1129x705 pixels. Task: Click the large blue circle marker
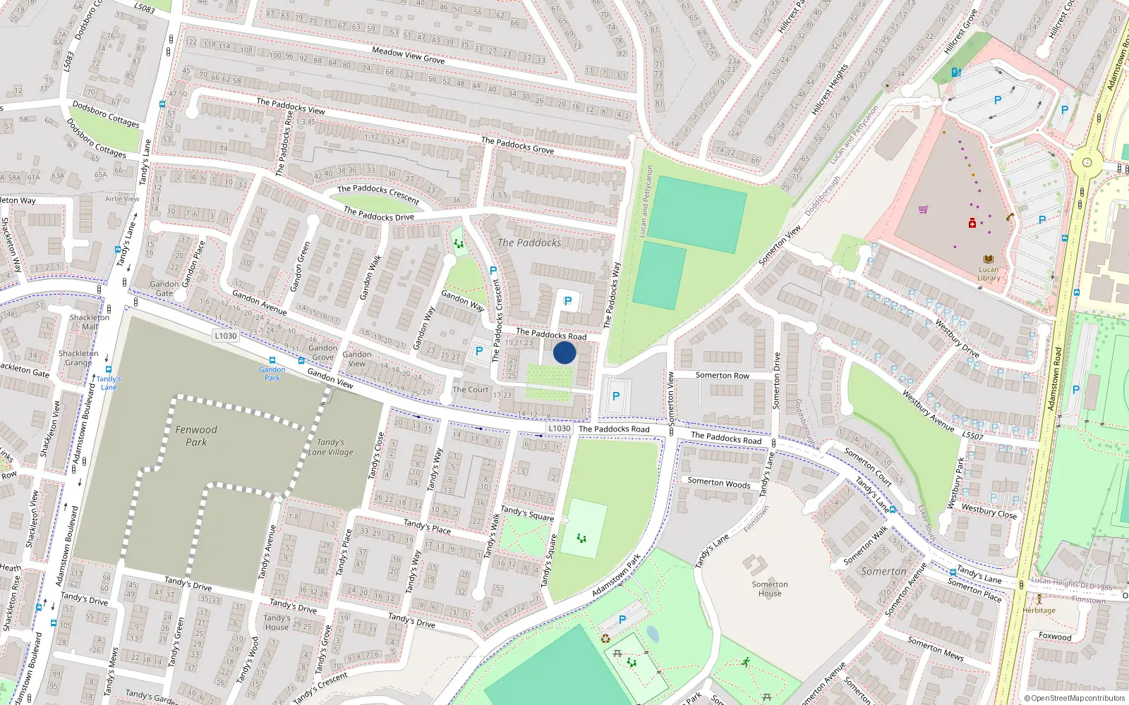[x=564, y=352]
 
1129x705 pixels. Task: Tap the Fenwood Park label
[x=196, y=436]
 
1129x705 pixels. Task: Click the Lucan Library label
[x=988, y=274]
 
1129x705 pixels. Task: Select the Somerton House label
[x=769, y=589]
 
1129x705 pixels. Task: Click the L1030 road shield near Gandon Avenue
[x=226, y=336]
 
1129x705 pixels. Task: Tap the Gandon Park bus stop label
[x=272, y=374]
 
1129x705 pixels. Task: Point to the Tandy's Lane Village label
[x=330, y=447]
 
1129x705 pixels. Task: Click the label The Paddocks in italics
[x=529, y=243]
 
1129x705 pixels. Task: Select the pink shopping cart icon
[x=923, y=209]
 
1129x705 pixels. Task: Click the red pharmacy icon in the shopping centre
[x=972, y=223]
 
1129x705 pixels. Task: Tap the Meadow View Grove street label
[x=408, y=55]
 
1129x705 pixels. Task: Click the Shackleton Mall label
[x=90, y=321]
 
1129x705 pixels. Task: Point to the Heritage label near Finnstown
[x=1039, y=611]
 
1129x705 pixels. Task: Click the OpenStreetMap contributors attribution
[x=1075, y=698]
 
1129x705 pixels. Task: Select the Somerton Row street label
[x=722, y=376]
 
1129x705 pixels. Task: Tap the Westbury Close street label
[x=989, y=511]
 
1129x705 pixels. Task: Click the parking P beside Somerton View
[x=616, y=396]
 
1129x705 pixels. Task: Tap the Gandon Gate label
[x=164, y=288]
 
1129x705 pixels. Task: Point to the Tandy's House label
[x=277, y=622]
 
